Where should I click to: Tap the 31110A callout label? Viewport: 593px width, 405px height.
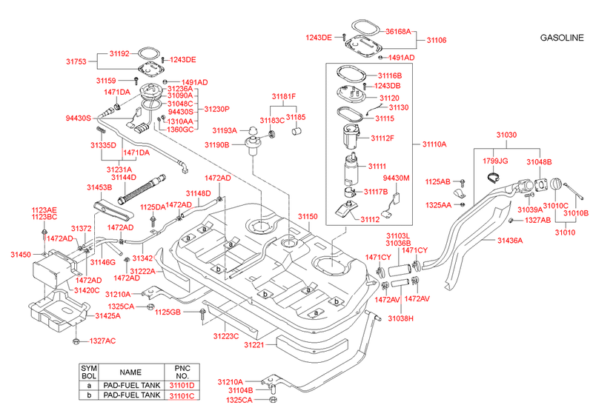[x=435, y=145]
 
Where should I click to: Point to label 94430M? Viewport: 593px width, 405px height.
[x=396, y=178]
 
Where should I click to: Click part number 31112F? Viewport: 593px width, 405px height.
[x=382, y=138]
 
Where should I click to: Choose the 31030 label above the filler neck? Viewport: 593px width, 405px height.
[x=506, y=135]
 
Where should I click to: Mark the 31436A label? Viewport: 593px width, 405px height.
[x=510, y=241]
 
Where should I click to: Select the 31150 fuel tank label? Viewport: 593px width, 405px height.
[x=308, y=217]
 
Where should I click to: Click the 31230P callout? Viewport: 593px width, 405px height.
[x=217, y=108]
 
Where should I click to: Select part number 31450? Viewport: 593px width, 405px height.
[x=20, y=254]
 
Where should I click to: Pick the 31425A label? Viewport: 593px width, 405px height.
[x=107, y=315]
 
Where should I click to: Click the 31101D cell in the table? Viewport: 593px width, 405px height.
[x=182, y=385]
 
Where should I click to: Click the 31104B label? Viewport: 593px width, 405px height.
[x=240, y=390]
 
